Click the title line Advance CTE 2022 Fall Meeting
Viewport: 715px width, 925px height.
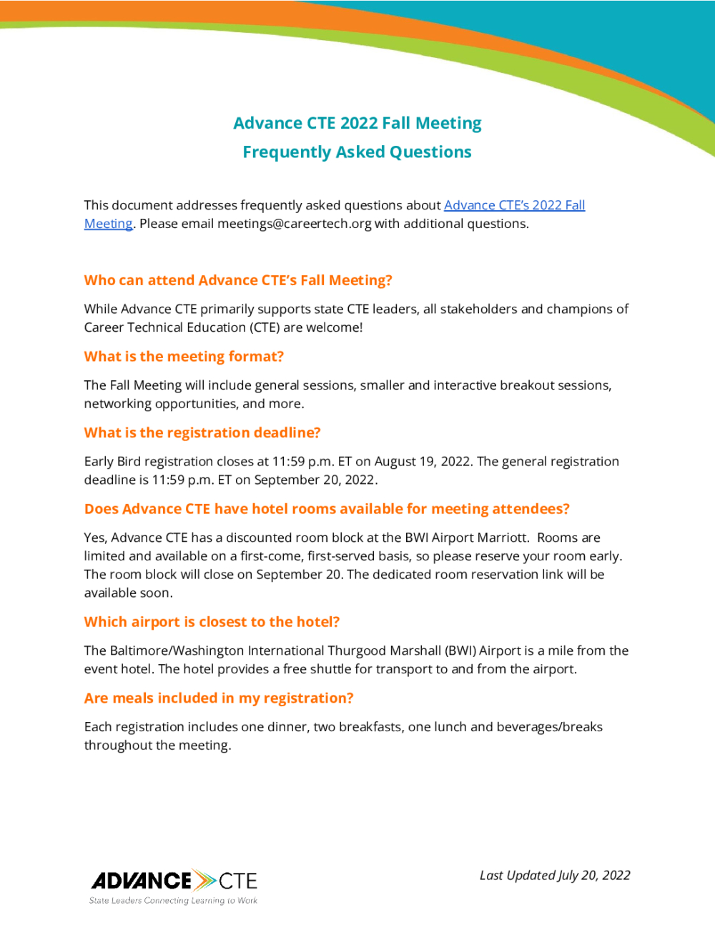pyautogui.click(x=357, y=123)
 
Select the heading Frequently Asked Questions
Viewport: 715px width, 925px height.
pyautogui.click(x=357, y=152)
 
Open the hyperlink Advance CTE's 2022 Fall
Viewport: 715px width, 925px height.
pyautogui.click(x=514, y=205)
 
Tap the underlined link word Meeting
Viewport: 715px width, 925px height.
pyautogui.click(x=108, y=224)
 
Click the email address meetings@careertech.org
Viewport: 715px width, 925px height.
pyautogui.click(x=294, y=224)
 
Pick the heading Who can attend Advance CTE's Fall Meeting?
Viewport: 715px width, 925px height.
pyautogui.click(x=238, y=280)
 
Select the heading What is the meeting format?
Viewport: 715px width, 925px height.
pyautogui.click(x=184, y=357)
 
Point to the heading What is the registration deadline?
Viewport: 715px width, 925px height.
pyautogui.click(x=202, y=432)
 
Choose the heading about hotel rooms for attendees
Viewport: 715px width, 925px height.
pyautogui.click(x=327, y=509)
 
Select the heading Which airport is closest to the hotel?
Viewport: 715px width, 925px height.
pyautogui.click(x=212, y=622)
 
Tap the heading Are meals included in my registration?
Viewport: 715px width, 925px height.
pyautogui.click(x=219, y=698)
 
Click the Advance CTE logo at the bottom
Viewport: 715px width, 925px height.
pyautogui.click(x=174, y=881)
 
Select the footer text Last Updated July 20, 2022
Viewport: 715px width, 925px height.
pyautogui.click(x=555, y=876)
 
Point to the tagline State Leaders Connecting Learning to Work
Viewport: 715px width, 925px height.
pyautogui.click(x=173, y=901)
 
